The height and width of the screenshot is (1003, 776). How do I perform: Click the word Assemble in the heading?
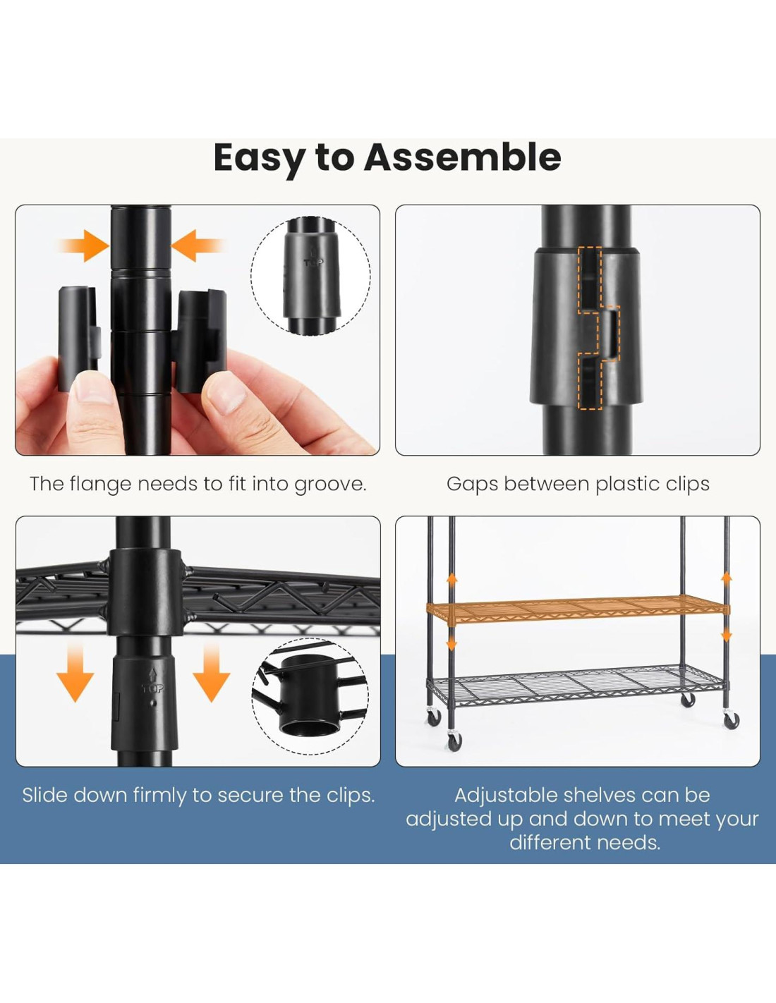point(462,157)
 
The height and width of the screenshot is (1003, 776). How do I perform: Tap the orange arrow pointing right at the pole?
point(85,245)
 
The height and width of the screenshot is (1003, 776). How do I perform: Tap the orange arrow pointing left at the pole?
point(198,245)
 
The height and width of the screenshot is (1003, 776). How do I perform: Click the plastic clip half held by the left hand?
point(78,339)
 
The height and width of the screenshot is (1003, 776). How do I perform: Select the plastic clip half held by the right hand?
point(202,341)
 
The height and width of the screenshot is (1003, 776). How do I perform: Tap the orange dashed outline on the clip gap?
point(598,329)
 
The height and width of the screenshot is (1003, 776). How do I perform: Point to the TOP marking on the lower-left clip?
point(152,688)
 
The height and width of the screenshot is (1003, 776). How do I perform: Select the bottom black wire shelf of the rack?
point(575,686)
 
